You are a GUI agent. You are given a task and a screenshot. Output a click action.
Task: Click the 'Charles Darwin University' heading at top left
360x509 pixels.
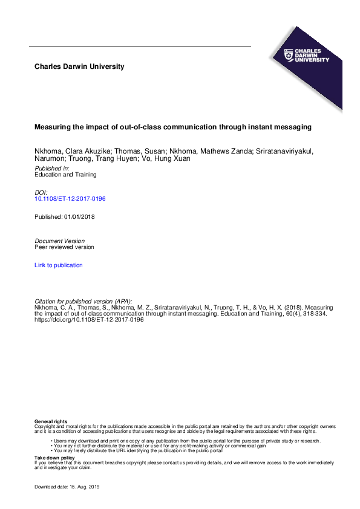point(80,66)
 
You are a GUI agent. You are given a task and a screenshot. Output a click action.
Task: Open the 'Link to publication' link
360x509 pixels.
point(59,265)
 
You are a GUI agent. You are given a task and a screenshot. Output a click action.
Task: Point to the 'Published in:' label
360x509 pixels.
point(52,168)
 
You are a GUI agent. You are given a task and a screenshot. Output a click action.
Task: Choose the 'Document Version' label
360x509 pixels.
point(60,241)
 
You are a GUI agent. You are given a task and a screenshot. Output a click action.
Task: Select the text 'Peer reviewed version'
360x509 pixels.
point(64,247)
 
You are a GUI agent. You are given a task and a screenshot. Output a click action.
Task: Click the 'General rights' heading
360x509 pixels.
point(51,421)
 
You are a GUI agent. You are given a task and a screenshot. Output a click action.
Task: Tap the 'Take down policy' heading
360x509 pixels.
point(54,458)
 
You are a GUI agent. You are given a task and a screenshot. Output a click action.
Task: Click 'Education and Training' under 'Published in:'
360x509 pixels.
point(66,175)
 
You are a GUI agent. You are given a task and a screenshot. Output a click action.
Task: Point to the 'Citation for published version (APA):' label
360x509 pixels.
point(83,301)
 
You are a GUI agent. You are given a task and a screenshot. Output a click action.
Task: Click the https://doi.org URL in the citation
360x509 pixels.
point(89,320)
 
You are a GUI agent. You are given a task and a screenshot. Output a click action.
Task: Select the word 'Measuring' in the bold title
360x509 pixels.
point(52,128)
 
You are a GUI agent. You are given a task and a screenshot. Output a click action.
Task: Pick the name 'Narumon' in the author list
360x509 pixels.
point(49,158)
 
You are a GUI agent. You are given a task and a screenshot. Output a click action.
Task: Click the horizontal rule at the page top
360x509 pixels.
point(140,47)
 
